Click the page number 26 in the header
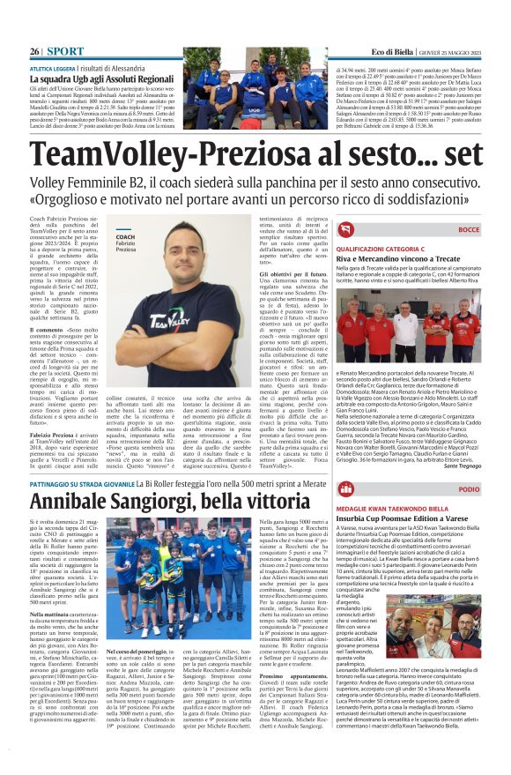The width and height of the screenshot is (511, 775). point(34,52)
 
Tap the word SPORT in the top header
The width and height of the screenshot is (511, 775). point(64,52)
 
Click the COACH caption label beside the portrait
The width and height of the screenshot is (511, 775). point(124,237)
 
